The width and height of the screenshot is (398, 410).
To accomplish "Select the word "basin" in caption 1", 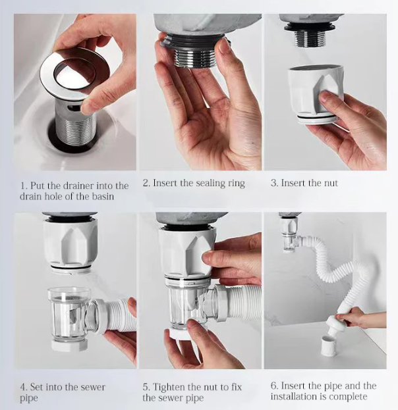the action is pyautogui.click(x=103, y=196).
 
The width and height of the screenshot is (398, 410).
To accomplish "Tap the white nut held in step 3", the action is pyautogui.click(x=316, y=94).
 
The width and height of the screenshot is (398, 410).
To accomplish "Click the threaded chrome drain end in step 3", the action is pyautogui.click(x=311, y=39).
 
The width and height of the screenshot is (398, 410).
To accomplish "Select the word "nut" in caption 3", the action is pyautogui.click(x=331, y=183).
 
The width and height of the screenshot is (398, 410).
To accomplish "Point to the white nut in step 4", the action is pyautogui.click(x=71, y=243).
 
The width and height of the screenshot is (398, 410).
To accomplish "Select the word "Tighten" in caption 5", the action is pyautogui.click(x=168, y=387).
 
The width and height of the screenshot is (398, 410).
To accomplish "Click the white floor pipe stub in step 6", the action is pyautogui.click(x=328, y=346).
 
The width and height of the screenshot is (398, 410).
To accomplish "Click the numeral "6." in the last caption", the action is pyautogui.click(x=274, y=386).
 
